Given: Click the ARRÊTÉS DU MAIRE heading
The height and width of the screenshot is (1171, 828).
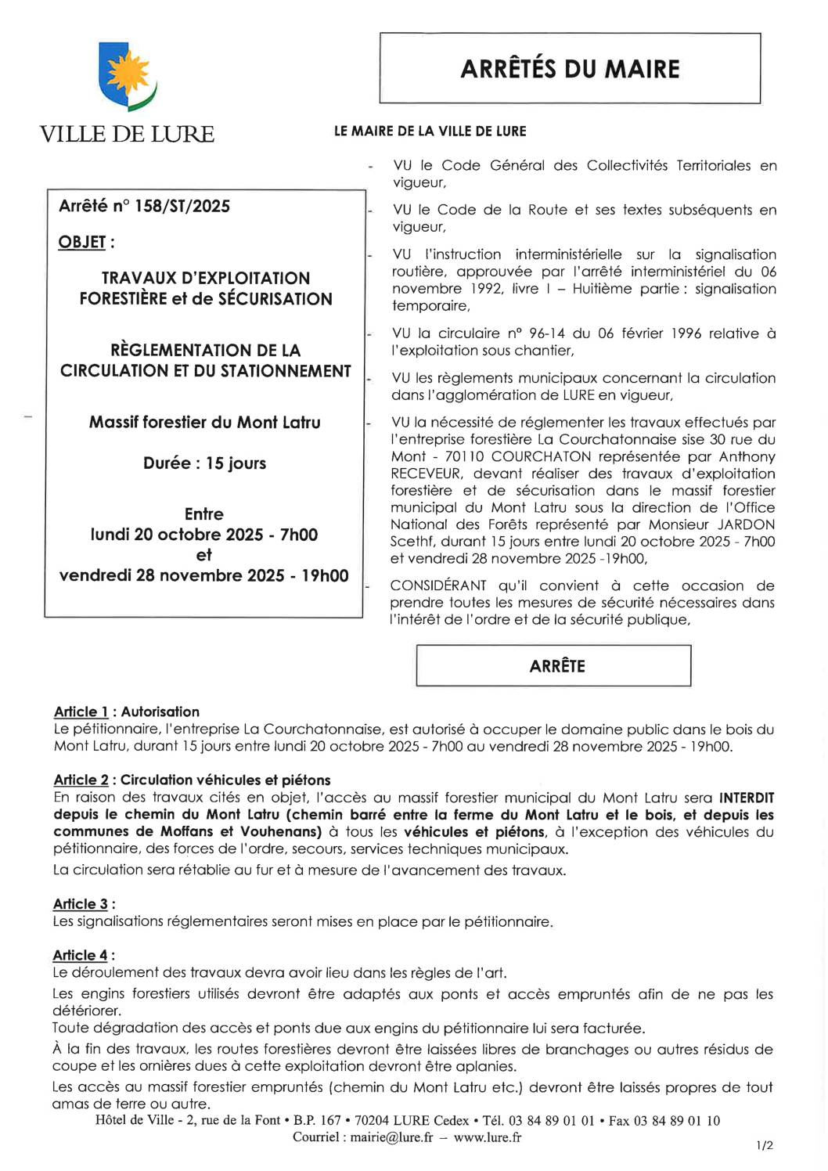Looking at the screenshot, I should click(x=570, y=69).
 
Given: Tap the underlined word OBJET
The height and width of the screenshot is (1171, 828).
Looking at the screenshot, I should click(x=82, y=243).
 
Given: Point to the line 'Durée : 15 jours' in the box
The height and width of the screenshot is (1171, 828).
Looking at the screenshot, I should click(x=204, y=463).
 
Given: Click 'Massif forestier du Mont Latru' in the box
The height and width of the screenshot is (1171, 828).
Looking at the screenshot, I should click(x=204, y=423).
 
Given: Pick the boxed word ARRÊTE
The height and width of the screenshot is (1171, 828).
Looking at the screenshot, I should click(x=556, y=666).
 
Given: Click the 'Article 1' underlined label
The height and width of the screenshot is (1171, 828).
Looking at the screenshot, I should click(x=81, y=712).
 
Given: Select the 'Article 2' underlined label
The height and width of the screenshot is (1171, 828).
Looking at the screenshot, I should click(x=81, y=780).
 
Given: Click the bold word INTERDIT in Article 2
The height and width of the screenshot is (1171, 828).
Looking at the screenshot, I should click(x=747, y=798).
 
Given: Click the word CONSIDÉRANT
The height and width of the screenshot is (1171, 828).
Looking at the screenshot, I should click(x=438, y=586).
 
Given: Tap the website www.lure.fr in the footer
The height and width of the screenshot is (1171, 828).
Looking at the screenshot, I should click(x=488, y=1137).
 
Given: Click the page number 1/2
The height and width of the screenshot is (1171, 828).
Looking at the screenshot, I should click(x=765, y=1145).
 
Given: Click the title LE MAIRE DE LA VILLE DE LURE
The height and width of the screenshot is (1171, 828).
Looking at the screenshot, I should click(x=430, y=132).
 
